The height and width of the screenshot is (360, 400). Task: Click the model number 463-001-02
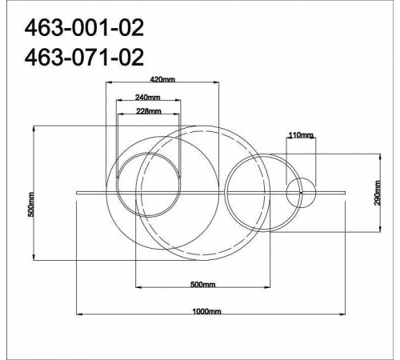pos(84,28)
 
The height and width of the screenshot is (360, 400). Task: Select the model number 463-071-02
pos(84,57)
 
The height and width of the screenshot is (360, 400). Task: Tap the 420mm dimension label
pos(162,79)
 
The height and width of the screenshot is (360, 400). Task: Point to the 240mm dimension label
pos(148,98)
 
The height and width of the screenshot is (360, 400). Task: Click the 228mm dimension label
pos(149,111)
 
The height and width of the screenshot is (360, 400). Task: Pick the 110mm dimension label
pos(301,135)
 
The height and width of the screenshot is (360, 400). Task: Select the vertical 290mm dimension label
pos(378,193)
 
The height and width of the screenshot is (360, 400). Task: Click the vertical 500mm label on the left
pos(31,204)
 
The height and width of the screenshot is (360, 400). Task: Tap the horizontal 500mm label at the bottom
pos(202,285)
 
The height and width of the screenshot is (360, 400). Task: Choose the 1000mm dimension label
pos(206,311)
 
